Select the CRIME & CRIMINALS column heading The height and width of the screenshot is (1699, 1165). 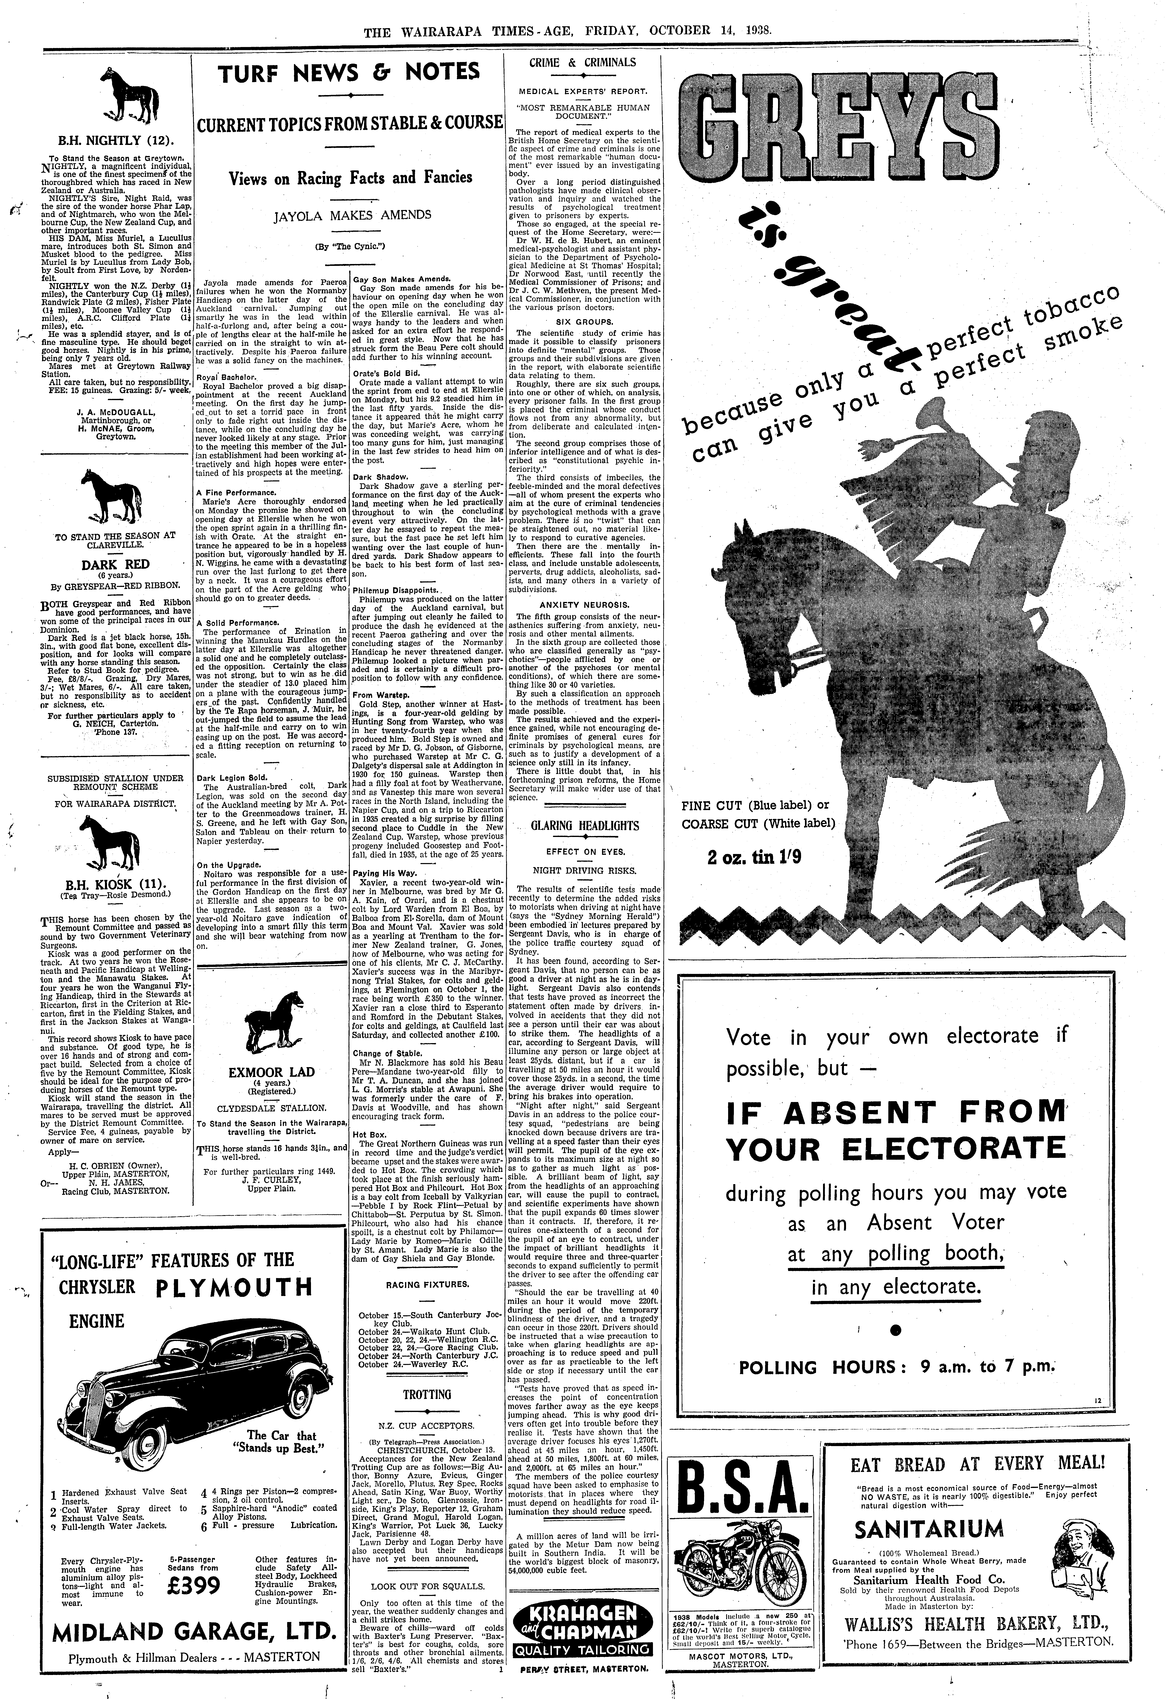pyautogui.click(x=583, y=63)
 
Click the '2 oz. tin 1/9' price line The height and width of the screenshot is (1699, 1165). pyautogui.click(x=754, y=857)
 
